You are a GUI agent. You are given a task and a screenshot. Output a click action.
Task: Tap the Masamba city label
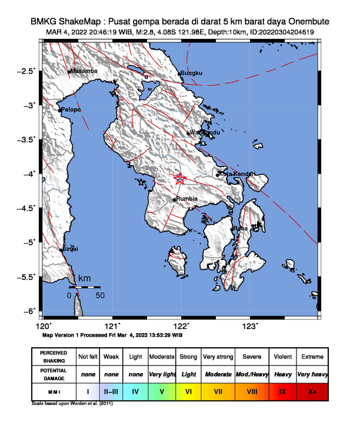click(x=84, y=71)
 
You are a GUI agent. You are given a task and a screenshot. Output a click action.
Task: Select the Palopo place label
click(x=71, y=109)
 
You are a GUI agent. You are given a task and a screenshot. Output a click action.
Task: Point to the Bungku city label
click(x=192, y=73)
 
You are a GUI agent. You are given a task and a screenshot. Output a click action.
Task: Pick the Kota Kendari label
click(x=238, y=174)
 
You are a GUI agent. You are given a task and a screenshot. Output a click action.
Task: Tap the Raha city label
click(x=240, y=228)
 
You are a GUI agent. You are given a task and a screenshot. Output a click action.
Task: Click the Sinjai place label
click(x=71, y=250)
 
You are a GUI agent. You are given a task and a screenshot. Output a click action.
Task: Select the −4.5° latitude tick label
click(x=26, y=208)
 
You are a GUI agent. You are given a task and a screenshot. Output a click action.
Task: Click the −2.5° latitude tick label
click(x=26, y=71)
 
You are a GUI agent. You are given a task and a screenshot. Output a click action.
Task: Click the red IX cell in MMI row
click(x=282, y=390)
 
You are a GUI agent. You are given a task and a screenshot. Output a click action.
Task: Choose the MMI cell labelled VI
click(x=189, y=390)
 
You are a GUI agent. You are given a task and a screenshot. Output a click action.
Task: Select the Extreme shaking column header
click(x=312, y=357)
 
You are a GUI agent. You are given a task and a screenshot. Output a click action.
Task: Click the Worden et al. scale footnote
click(x=72, y=404)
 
